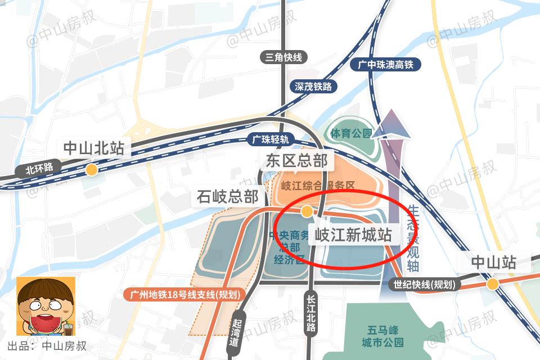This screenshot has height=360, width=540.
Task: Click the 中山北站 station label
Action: [x=93, y=148]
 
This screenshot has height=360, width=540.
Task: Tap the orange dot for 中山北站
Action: [x=91, y=169]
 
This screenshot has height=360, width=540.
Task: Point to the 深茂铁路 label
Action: [x=313, y=87]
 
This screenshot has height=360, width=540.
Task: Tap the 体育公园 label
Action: [x=352, y=133]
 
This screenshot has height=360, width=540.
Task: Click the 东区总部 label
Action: [x=297, y=161]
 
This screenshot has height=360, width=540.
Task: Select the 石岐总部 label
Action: [x=228, y=197]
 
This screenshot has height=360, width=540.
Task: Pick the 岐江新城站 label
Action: [x=353, y=235]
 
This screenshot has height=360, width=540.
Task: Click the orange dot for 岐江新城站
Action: [x=307, y=211]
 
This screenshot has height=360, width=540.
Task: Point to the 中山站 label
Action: [x=493, y=262]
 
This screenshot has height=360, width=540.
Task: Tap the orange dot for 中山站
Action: [x=493, y=284]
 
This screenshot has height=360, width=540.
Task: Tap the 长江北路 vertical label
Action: [x=310, y=314]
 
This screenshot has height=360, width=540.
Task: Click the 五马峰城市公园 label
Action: [x=382, y=336]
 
